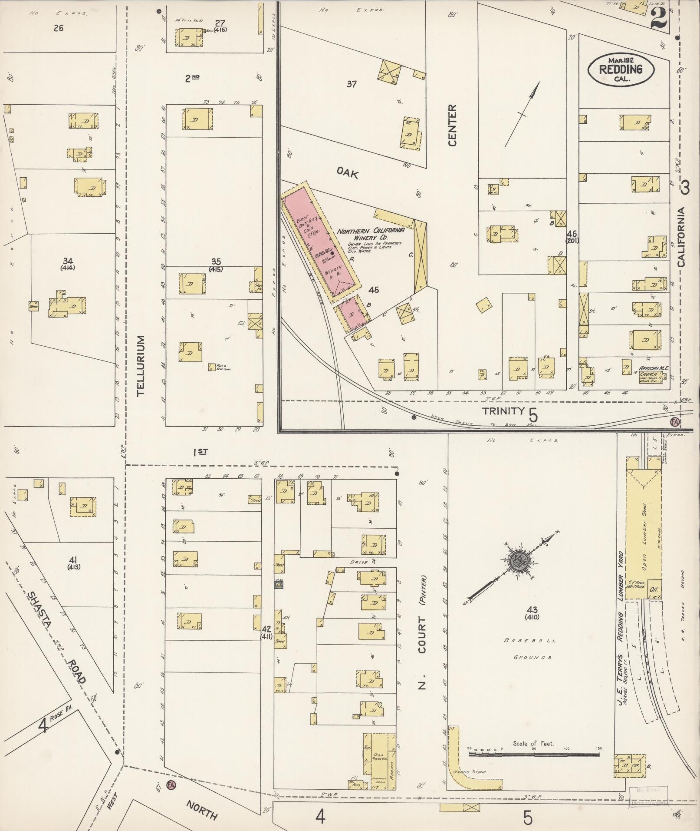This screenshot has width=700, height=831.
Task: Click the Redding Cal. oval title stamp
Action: click(x=621, y=69)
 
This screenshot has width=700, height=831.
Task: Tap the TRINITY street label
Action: click(x=503, y=411)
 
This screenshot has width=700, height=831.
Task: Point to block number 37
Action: click(x=351, y=84)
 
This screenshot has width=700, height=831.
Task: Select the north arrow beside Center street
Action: click(x=522, y=114)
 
